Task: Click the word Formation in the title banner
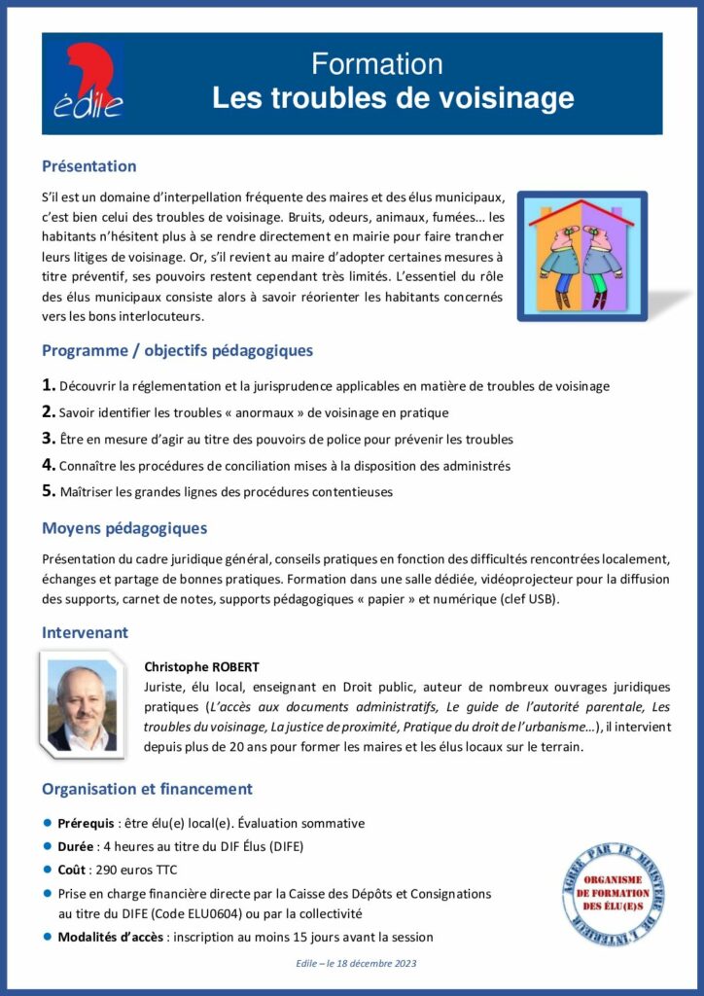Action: coord(377,64)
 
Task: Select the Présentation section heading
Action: coord(88,166)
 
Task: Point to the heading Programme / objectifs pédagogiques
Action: coord(177,350)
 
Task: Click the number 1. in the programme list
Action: coord(49,385)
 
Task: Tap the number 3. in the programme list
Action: coord(49,439)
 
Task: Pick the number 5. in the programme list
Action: coord(49,491)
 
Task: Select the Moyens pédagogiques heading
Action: coord(124,529)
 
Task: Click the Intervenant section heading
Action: coord(85,632)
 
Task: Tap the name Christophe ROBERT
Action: coord(201,667)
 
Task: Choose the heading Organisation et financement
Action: coord(147,789)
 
